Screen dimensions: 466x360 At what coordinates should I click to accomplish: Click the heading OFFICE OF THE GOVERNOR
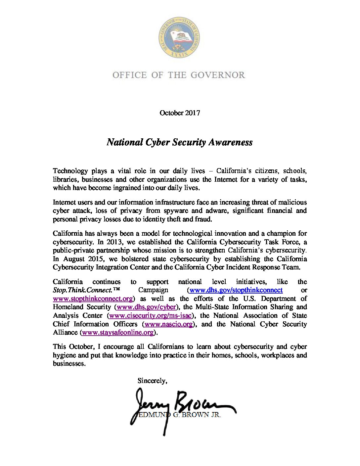tap(179, 75)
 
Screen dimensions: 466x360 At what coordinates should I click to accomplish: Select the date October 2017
tap(180, 113)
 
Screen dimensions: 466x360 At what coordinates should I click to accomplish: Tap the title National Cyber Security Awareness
tap(180, 142)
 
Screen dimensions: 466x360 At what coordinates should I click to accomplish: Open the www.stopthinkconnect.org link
tap(93, 299)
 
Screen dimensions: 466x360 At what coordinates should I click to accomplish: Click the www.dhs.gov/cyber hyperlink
tap(146, 307)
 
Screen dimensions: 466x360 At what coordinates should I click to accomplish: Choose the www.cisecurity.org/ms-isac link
tap(150, 316)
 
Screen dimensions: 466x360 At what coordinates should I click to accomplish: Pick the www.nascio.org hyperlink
tap(169, 324)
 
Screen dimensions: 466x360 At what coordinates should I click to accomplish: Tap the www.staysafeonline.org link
tap(117, 333)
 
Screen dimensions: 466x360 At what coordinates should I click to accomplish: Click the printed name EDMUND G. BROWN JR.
tap(179, 415)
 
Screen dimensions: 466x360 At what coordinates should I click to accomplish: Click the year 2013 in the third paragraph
tap(113, 242)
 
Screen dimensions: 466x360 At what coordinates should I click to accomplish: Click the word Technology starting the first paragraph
tap(70, 171)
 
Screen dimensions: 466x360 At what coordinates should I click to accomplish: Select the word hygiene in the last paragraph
tap(64, 355)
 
